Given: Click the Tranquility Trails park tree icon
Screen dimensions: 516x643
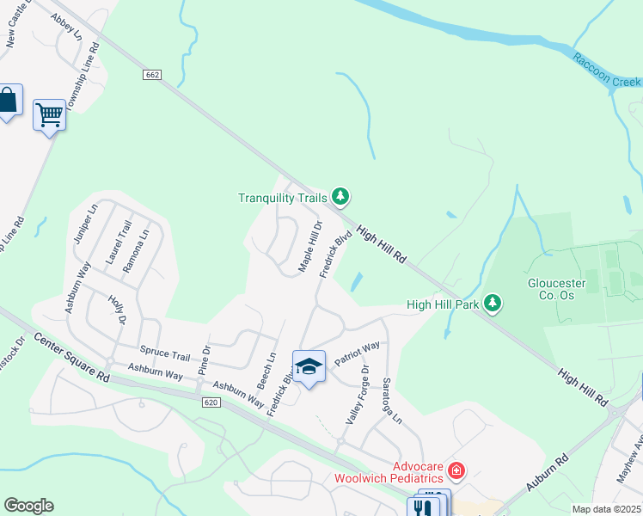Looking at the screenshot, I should point(340,198).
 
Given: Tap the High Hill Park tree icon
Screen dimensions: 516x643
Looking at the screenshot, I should point(493,303).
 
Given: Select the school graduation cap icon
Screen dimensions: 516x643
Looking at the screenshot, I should point(309,367).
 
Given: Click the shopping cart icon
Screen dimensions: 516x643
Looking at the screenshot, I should point(49,114).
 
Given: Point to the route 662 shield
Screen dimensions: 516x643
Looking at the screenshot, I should point(152,75).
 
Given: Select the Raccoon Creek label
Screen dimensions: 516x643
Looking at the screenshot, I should point(608,68).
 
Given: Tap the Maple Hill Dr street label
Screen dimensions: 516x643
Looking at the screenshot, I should point(310,248).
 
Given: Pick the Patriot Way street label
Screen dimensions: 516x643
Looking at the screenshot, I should point(358,353).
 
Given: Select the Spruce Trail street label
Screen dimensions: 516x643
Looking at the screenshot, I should point(165,355).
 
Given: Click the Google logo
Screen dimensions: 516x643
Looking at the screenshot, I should point(28,506).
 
